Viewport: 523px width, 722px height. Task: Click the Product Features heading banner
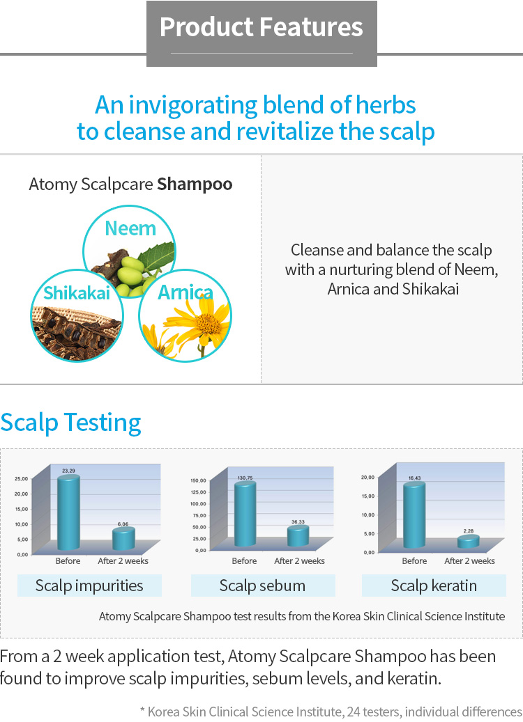point(261,33)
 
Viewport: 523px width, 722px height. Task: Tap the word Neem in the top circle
point(130,228)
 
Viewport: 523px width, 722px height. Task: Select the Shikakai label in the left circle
point(77,293)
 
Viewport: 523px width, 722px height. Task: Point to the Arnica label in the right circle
point(185,292)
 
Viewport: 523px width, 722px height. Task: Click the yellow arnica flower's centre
point(209,324)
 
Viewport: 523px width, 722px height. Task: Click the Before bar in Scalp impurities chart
point(68,512)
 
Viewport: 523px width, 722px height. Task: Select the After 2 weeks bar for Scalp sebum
point(298,536)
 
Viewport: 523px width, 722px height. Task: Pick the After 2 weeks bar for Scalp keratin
point(468,542)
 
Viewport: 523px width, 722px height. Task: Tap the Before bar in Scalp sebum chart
point(245,514)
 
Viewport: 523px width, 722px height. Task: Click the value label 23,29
point(68,471)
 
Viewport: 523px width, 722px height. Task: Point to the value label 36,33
point(298,521)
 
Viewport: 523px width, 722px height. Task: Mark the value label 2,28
point(469,531)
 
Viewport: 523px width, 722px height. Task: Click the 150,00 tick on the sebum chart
point(198,480)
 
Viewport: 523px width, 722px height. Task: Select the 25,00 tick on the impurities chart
point(21,479)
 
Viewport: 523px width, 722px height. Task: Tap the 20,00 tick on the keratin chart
point(367,478)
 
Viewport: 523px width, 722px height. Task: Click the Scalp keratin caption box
point(434,586)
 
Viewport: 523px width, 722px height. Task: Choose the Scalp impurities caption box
point(89,586)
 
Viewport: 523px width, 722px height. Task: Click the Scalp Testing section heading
point(70,423)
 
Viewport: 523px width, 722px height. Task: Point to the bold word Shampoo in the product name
point(195,185)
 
